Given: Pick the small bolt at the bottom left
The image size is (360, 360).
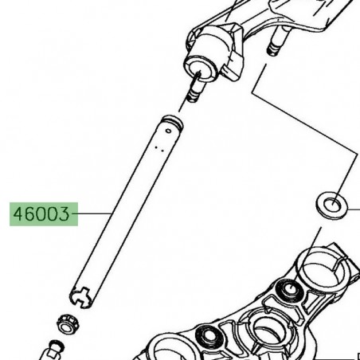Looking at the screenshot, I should point(56,349).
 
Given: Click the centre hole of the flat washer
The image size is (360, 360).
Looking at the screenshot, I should point(333,203).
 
